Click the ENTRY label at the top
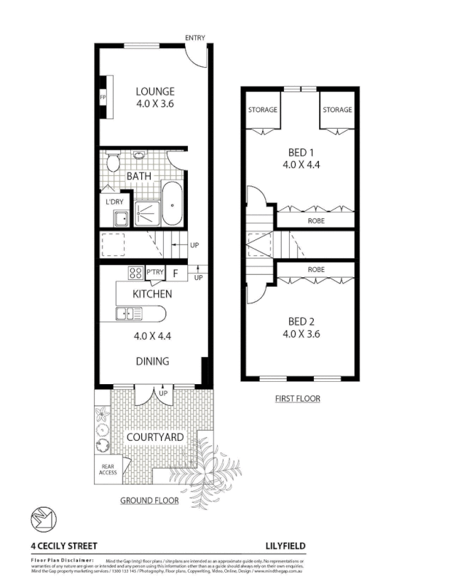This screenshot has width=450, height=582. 195,38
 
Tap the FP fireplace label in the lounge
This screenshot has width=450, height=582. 103,95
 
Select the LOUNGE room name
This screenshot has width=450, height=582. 155,92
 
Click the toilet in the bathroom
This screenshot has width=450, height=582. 113,161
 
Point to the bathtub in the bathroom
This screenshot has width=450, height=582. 172,204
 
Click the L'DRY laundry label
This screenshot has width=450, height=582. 114,202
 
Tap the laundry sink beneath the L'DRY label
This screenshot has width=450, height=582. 119,217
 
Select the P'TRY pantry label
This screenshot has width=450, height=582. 154,274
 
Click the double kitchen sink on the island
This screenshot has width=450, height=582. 133,314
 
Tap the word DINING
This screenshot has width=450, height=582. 152,361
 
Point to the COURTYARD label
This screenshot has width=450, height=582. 155,437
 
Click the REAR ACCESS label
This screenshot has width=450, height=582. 108,469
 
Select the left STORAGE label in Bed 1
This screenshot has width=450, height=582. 262,110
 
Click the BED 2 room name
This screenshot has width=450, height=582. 301,322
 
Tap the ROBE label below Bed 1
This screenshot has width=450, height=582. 316,220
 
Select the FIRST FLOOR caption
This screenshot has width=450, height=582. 297,399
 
